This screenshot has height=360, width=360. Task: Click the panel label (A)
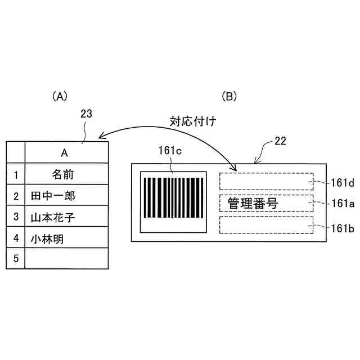pyautogui.click(x=60, y=96)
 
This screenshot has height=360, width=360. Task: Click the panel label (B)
pyautogui.click(x=231, y=96)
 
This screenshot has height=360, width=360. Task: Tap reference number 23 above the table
pyautogui.click(x=87, y=114)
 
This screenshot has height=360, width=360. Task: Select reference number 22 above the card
pyautogui.click(x=280, y=141)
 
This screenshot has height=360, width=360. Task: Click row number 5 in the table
pyautogui.click(x=16, y=259)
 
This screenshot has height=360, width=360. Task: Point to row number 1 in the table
pyautogui.click(x=16, y=175)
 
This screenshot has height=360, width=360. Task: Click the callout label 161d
pyautogui.click(x=341, y=182)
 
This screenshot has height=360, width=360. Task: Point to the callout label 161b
pyautogui.click(x=343, y=227)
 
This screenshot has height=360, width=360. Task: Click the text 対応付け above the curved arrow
pyautogui.click(x=193, y=121)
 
